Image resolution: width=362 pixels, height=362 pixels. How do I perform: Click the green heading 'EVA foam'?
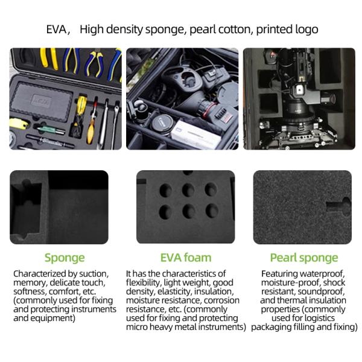(x=186, y=258)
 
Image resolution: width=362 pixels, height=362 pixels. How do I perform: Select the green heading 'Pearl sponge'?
(x=304, y=258)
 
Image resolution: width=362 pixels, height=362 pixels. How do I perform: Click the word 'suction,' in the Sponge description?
(x=94, y=274)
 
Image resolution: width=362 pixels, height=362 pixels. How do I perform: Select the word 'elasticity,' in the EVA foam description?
(x=174, y=291)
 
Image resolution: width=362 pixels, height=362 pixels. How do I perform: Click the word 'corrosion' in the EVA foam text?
(x=221, y=300)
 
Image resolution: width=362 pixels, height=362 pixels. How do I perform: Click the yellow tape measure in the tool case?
(x=19, y=124)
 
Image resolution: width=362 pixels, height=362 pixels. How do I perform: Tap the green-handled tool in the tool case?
(x=51, y=130)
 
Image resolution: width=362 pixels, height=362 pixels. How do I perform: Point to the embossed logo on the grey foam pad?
(x=40, y=101)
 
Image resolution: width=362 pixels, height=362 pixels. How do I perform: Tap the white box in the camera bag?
(x=195, y=135)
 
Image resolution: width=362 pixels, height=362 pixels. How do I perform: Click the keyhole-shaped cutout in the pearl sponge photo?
(x=339, y=206)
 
